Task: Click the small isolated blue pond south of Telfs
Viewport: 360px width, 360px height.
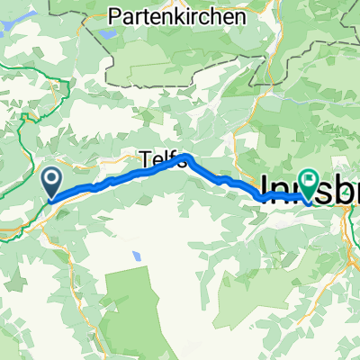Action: pyautogui.click(x=136, y=256)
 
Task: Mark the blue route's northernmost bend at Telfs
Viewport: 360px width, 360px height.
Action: pyautogui.click(x=186, y=157)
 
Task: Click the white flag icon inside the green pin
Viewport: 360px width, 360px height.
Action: pyautogui.click(x=309, y=182)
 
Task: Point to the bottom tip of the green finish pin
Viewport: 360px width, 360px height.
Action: pyautogui.click(x=309, y=201)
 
